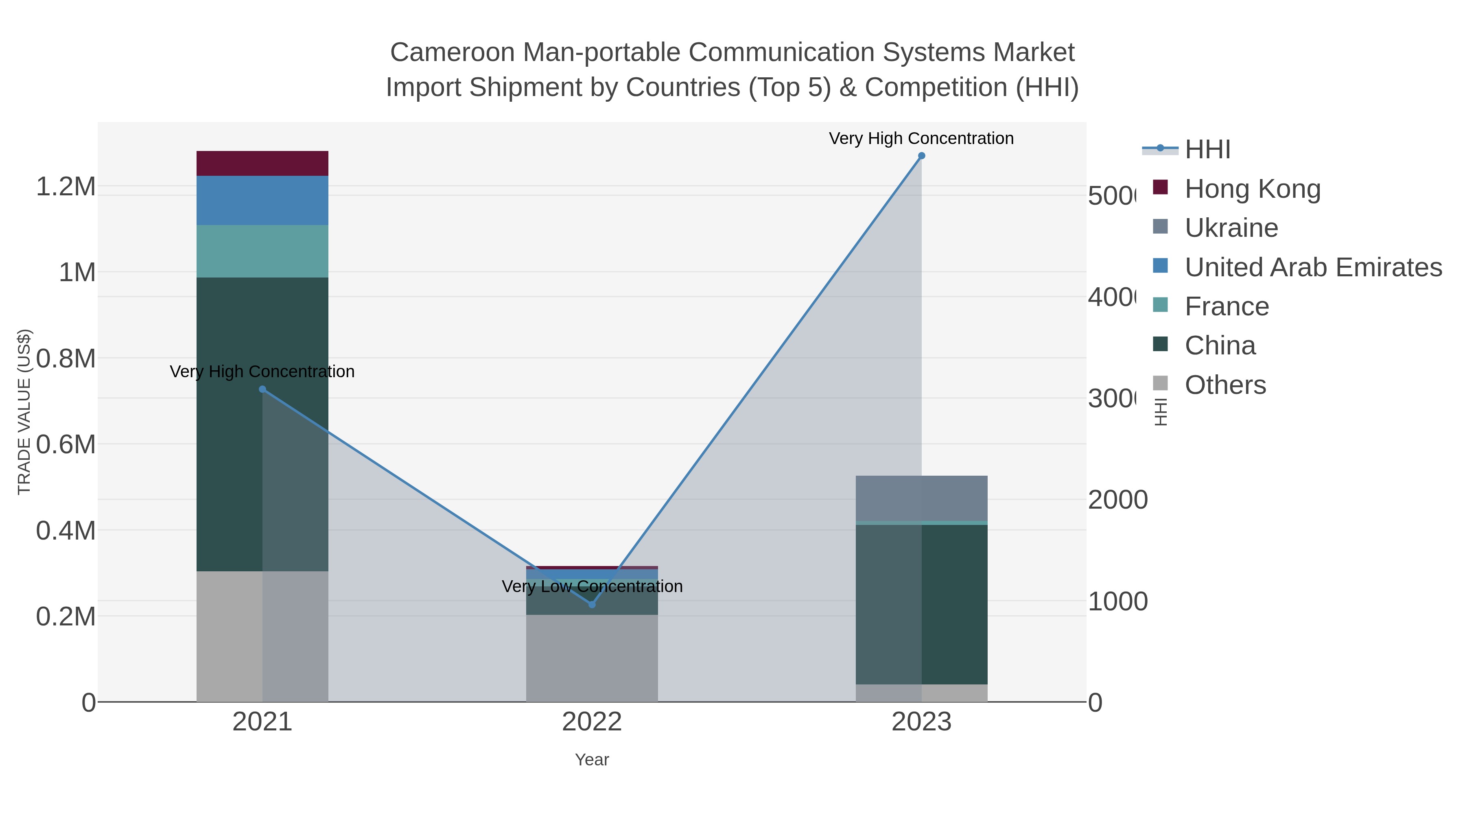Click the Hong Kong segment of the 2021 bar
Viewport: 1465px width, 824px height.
pos(262,163)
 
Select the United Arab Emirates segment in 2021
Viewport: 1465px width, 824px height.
pos(262,200)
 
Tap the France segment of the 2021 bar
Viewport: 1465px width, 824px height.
pos(262,251)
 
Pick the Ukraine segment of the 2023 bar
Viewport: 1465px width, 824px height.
pos(921,498)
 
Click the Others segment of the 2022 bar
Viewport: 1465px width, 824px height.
pos(591,658)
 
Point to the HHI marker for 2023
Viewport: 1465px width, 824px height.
pos(921,156)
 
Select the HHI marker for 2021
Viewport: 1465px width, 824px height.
pos(262,389)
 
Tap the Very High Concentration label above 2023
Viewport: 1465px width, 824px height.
pos(921,139)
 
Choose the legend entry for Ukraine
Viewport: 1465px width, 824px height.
pos(1231,228)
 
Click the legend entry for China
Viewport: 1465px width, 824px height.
pos(1220,346)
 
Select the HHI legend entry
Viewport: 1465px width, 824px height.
pos(1207,150)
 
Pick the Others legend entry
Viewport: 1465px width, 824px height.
pos(1225,385)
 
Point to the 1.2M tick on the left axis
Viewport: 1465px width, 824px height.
pos(66,186)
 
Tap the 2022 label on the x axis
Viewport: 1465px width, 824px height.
pos(591,722)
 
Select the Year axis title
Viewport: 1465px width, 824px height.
pos(591,760)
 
